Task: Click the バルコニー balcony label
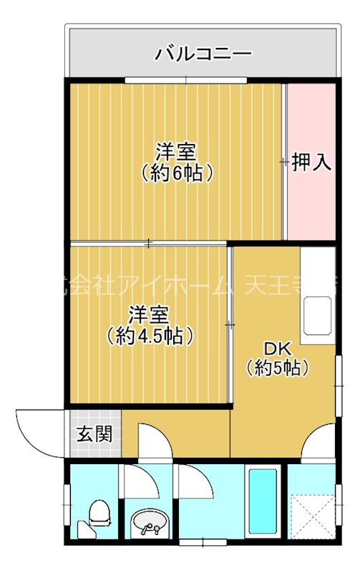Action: (203, 53)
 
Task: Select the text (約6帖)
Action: (177, 173)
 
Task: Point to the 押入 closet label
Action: (311, 162)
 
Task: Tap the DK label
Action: (278, 349)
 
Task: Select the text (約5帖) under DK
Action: (278, 369)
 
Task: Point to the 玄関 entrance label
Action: (94, 434)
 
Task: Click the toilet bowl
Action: (99, 513)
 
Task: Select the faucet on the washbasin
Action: (149, 531)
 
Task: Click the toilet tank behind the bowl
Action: (87, 531)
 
